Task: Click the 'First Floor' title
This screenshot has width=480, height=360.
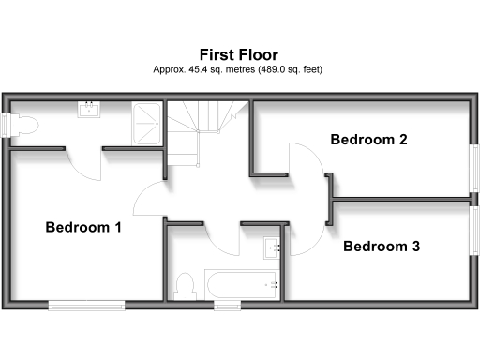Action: pos(239,54)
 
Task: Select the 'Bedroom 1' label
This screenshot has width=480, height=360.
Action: pos(83,227)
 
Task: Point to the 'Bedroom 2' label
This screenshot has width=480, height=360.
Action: pos(368,140)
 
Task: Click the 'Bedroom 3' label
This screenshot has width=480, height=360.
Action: pos(381,247)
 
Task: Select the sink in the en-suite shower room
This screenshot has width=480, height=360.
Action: pos(91,110)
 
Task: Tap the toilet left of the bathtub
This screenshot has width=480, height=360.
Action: pos(185,282)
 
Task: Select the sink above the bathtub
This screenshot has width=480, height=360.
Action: pos(273,247)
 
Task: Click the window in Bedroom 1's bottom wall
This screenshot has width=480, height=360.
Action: pos(87,303)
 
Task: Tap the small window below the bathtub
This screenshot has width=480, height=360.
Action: pos(226,304)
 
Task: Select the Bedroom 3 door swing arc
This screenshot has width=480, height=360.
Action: pos(306,240)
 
